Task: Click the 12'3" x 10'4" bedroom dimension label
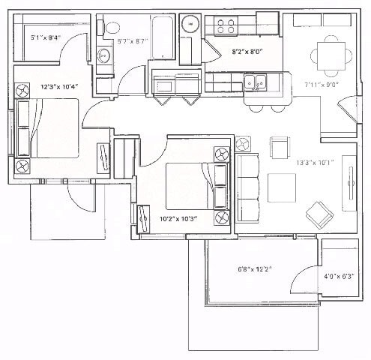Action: pyautogui.click(x=60, y=87)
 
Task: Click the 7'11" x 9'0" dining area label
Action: pyautogui.click(x=322, y=85)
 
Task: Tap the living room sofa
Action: pyautogui.click(x=247, y=187)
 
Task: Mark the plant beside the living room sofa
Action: pyautogui.click(x=242, y=143)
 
